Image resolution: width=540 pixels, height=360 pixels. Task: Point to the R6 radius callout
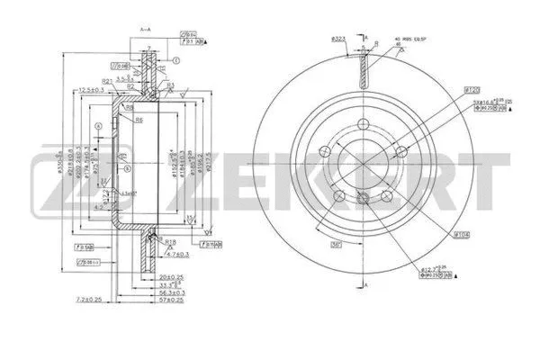click(139, 120)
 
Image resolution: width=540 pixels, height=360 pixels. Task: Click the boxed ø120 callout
click(469, 90)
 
